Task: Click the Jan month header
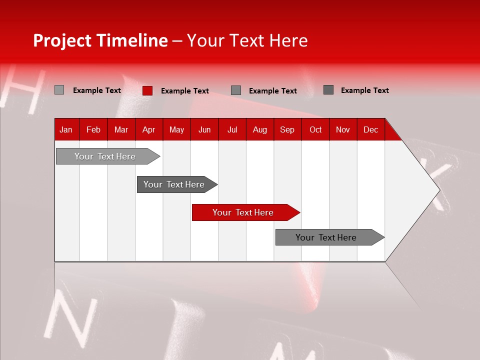coord(66,129)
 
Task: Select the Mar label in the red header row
coord(121,129)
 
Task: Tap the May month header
coord(176,129)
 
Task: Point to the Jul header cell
coord(232,129)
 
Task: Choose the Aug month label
coord(259,129)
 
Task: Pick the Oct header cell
coord(315,129)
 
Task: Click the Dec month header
coord(370,129)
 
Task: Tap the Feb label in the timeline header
coord(93,129)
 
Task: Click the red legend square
coord(147,90)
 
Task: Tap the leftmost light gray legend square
coord(59,90)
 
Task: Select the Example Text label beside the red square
coord(184,91)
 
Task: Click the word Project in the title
coord(63,40)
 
